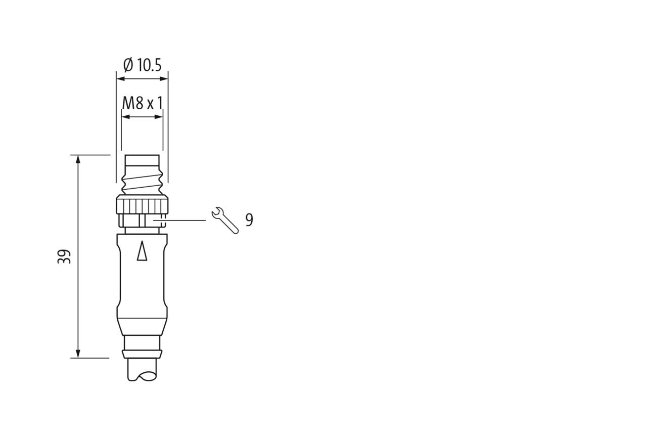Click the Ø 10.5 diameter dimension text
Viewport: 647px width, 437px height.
click(x=143, y=65)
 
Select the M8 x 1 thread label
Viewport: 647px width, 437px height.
click(x=142, y=104)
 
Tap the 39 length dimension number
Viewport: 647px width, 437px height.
click(x=64, y=256)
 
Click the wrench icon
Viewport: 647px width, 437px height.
click(x=225, y=220)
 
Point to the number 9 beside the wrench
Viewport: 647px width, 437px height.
click(x=249, y=220)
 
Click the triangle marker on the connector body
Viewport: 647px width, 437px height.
click(x=142, y=251)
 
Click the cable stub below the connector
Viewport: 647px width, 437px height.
click(x=142, y=370)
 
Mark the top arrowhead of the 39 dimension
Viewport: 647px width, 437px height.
click(x=78, y=159)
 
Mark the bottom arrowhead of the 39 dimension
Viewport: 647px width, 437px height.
click(x=78, y=354)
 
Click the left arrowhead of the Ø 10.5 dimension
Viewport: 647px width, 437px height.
click(x=120, y=78)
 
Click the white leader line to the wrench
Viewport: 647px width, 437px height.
click(x=179, y=221)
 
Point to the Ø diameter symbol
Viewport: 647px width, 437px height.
click(x=128, y=65)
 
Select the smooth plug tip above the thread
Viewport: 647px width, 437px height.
click(x=142, y=161)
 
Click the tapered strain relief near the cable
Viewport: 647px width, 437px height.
click(x=142, y=327)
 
